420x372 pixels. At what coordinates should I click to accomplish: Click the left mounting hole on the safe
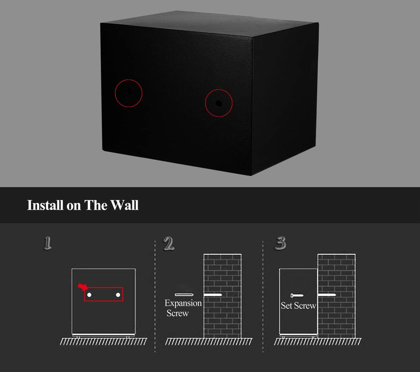(x=129, y=92)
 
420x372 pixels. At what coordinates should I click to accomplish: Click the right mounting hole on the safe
(x=219, y=103)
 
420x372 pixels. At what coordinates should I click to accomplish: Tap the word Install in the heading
(x=45, y=205)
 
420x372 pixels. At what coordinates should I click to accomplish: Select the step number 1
(x=48, y=243)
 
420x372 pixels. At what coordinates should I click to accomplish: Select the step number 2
(x=169, y=243)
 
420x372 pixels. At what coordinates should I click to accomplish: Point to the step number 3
(x=280, y=243)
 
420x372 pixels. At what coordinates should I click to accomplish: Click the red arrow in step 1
(x=83, y=286)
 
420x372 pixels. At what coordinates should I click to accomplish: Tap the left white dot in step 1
(x=89, y=295)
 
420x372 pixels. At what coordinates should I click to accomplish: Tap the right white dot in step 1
(x=118, y=295)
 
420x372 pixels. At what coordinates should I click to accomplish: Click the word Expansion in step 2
(x=183, y=304)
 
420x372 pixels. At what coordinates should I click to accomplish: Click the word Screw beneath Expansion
(x=178, y=313)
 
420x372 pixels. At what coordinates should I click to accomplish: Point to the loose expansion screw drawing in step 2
(x=184, y=295)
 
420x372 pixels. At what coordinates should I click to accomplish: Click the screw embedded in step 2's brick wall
(x=213, y=295)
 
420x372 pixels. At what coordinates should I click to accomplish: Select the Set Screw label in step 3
(x=298, y=305)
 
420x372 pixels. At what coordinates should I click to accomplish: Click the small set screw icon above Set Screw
(x=297, y=295)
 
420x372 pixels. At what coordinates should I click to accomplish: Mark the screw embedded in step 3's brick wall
(x=327, y=295)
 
